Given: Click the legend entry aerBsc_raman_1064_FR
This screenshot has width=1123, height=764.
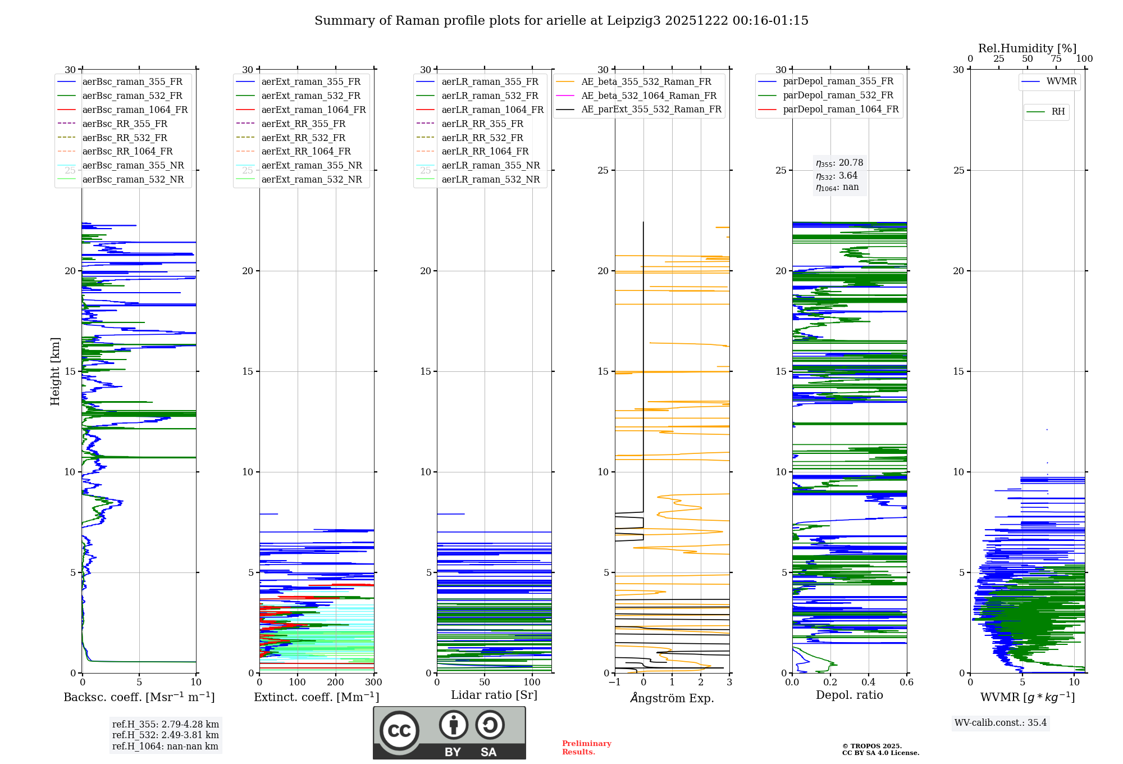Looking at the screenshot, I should [x=135, y=110].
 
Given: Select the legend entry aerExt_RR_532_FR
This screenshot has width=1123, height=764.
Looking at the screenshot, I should [x=303, y=138].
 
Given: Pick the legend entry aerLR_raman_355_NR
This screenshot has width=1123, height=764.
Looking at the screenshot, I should [x=490, y=166].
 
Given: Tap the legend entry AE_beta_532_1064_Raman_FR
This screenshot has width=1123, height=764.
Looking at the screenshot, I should [x=649, y=96].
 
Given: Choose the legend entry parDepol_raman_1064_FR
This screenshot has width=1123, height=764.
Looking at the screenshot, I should [x=841, y=110].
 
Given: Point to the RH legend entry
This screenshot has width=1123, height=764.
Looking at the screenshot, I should [x=1058, y=112].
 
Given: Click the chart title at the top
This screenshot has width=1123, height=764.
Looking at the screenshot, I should [x=561, y=21].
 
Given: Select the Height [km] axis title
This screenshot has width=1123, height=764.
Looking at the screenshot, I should [x=55, y=371].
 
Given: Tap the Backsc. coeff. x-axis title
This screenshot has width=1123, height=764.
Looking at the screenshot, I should [x=139, y=697].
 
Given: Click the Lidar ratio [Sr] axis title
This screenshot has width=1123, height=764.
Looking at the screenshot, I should [x=494, y=695].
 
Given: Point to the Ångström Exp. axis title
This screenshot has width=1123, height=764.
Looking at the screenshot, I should [x=672, y=698].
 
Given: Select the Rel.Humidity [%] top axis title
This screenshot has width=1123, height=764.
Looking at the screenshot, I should [x=1027, y=48].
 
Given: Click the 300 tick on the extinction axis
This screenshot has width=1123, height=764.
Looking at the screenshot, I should [x=373, y=683].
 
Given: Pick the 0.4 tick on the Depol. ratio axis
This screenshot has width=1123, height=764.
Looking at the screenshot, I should [x=869, y=683].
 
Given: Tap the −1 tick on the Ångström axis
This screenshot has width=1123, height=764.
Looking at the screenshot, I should [x=614, y=683].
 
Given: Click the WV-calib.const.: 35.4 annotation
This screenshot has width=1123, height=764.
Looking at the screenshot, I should [x=1001, y=723].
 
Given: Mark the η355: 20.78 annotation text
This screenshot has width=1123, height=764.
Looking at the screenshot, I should [x=839, y=163].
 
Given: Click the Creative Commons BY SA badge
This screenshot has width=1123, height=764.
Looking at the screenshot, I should [x=449, y=733].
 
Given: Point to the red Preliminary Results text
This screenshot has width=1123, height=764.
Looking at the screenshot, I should [x=586, y=748].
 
